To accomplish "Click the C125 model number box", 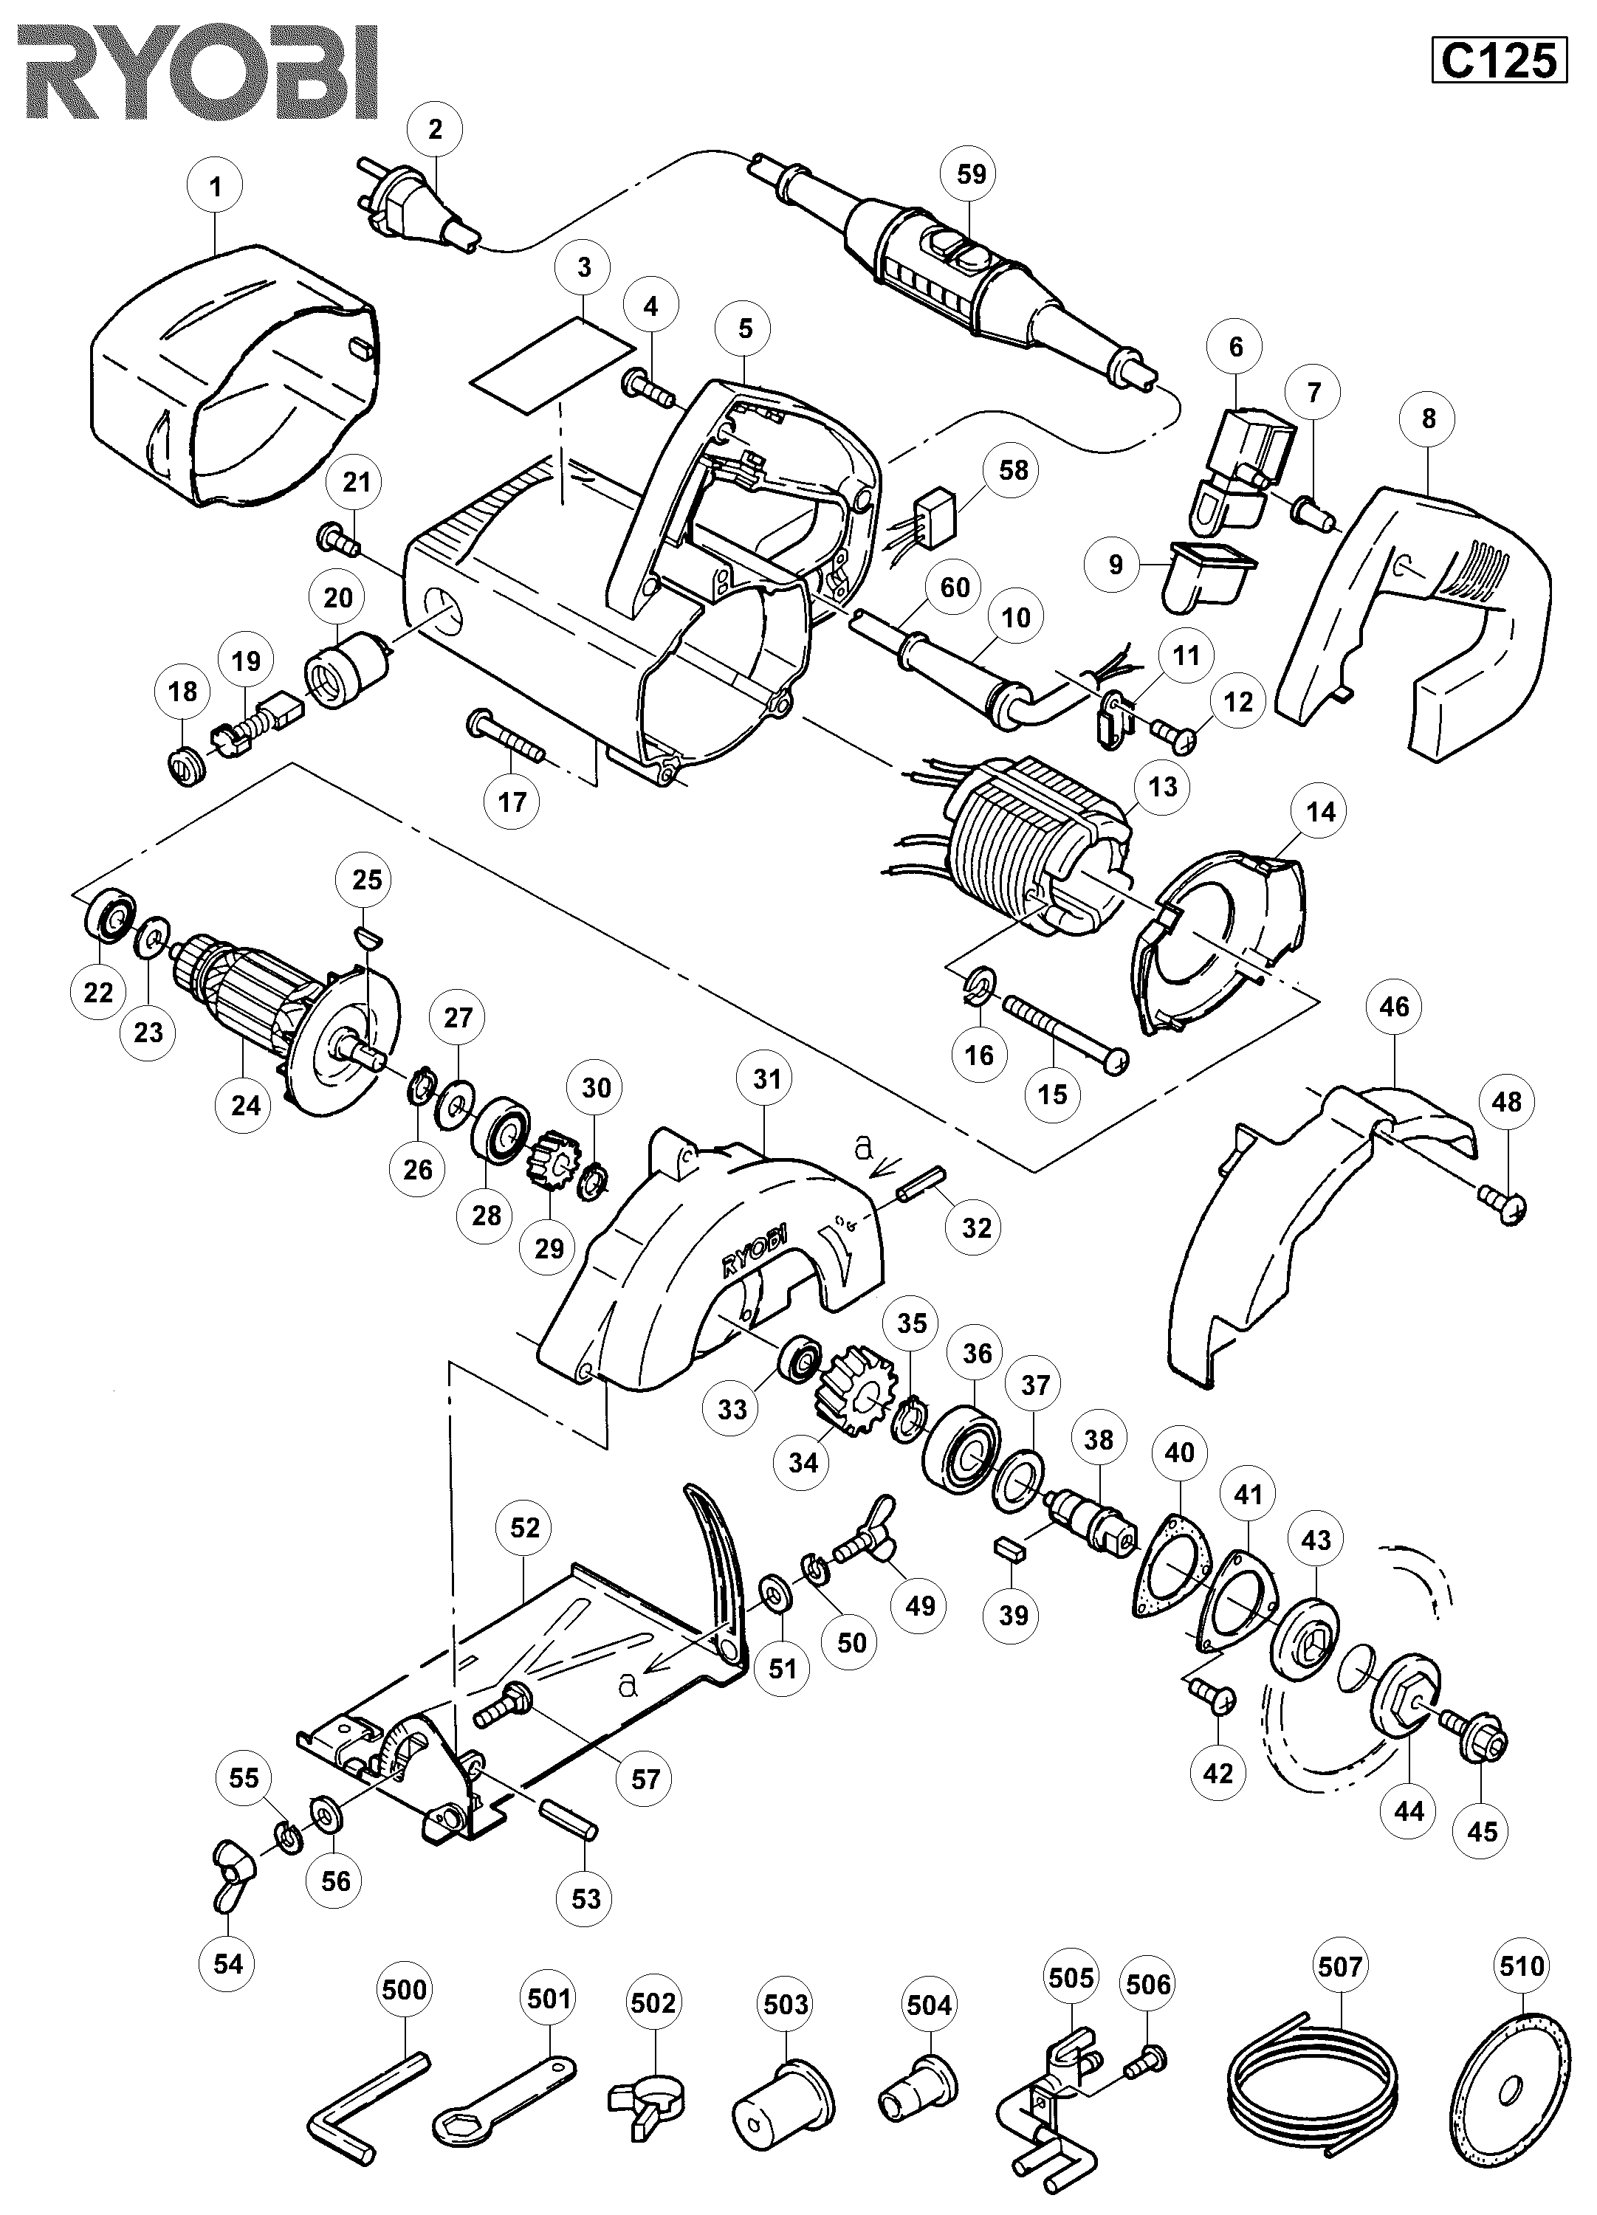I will point(1498,61).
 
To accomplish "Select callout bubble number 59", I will point(971,174).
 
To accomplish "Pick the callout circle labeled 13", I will point(1162,787).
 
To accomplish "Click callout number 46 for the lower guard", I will point(1394,1006).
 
